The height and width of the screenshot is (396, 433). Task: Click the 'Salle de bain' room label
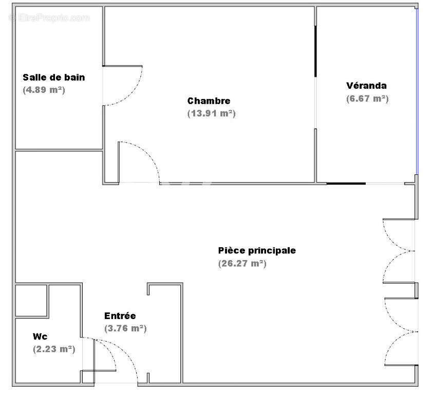point(53,77)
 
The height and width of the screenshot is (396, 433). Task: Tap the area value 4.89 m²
point(44,90)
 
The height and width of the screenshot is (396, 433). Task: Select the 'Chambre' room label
point(209,101)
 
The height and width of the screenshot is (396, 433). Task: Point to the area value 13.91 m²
point(211,113)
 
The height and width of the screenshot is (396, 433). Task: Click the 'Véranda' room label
point(366,86)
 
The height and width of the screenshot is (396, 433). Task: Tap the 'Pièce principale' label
point(257,251)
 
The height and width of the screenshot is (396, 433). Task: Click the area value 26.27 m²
point(242,264)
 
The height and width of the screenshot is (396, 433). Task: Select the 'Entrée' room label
point(120,316)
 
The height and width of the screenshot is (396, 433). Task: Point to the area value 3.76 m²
point(125,328)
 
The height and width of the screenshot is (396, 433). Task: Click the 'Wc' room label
point(40,336)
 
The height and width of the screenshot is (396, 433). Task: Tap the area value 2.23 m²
point(53,349)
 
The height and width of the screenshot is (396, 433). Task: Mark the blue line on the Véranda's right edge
point(417,92)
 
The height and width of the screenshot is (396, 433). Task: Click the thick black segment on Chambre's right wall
point(315,51)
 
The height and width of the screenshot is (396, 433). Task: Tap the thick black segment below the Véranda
point(346,183)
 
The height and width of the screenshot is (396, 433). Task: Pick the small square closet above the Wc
point(31,301)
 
